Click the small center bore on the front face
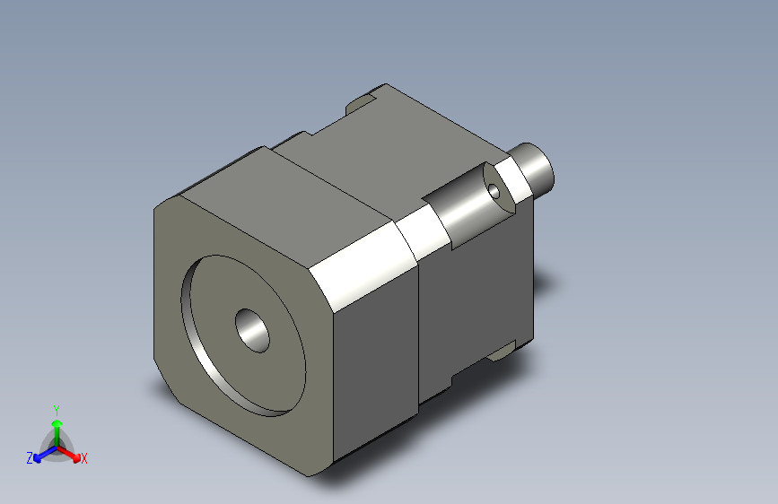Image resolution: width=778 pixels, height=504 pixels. (x=252, y=329)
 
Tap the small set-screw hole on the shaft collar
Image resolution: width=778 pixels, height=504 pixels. (x=494, y=191)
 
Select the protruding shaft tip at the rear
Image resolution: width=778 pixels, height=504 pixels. (x=538, y=167)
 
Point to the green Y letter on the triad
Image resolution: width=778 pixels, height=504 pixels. (x=56, y=408)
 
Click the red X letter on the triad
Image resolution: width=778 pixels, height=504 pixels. (x=83, y=458)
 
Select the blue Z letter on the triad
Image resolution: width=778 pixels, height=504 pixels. (x=30, y=457)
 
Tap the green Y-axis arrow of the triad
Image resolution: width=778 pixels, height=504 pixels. (x=57, y=427)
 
